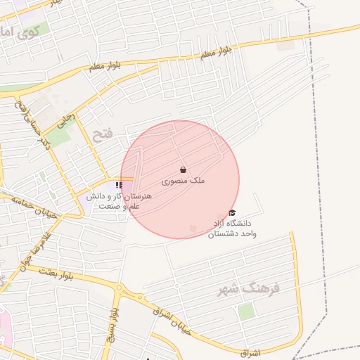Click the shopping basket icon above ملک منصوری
pos(183,169)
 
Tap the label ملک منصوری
pos(183,181)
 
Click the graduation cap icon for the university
pos(232,213)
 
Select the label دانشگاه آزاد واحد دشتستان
pos(232,228)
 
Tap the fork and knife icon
pos(118,185)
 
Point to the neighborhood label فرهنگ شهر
pos(250,288)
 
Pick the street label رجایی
pos(63,119)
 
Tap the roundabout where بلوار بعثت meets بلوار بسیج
pos(119,288)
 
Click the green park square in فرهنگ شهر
pos(246,311)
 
